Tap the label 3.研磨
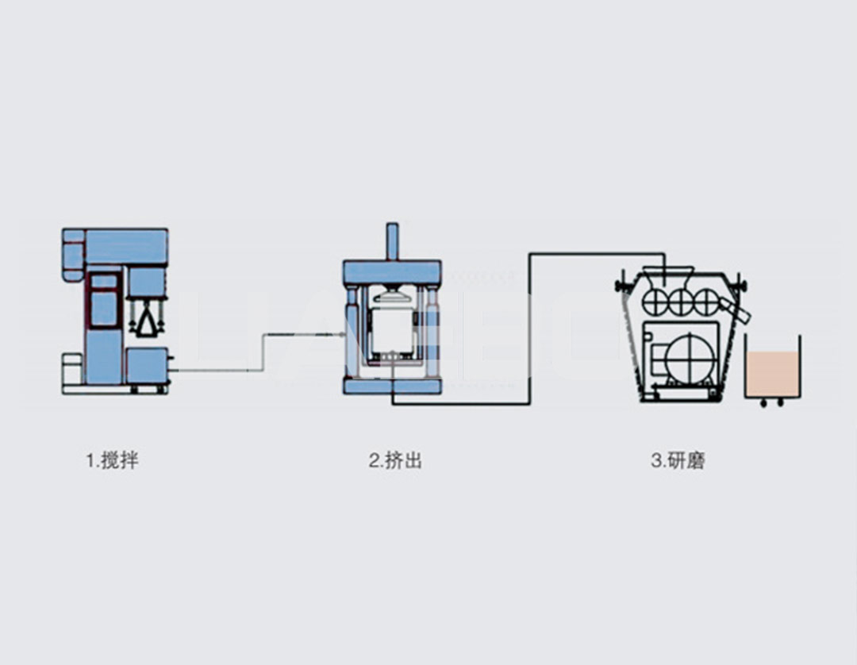[678, 460]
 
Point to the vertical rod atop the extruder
[391, 242]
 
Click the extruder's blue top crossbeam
[391, 270]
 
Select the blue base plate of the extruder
[391, 386]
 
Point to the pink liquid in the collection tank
[771, 375]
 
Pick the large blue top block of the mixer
[125, 246]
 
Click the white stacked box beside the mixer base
[72, 370]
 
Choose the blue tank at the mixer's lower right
[146, 367]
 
